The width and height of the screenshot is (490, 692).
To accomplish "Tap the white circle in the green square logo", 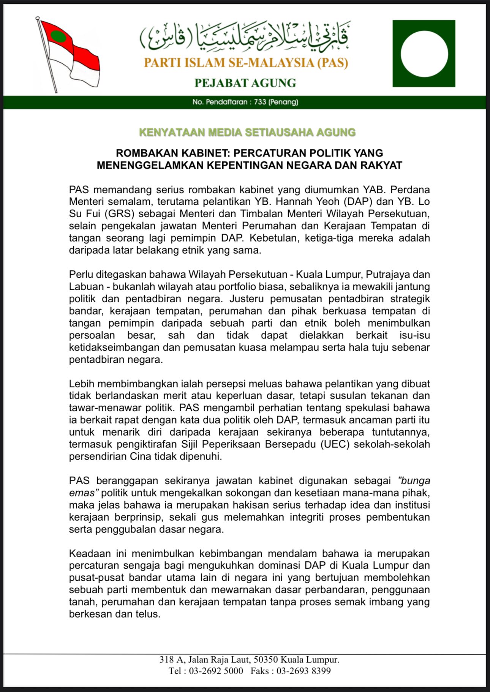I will click(424, 54).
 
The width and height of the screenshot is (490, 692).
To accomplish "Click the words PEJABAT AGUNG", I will click(245, 83).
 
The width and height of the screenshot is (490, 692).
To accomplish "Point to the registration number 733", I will click(260, 102).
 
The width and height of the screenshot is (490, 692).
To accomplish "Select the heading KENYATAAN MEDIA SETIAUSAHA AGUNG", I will click(247, 133).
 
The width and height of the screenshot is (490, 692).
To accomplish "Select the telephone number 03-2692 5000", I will click(216, 671).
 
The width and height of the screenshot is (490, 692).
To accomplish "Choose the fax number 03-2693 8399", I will click(303, 671).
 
